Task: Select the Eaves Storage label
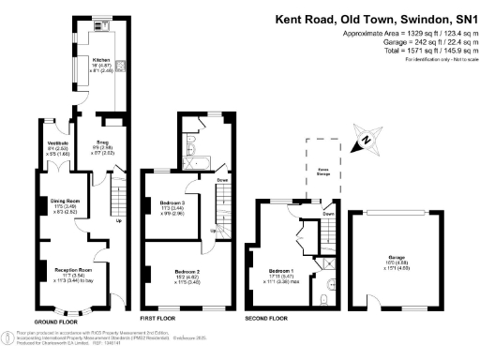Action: click(324, 171)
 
